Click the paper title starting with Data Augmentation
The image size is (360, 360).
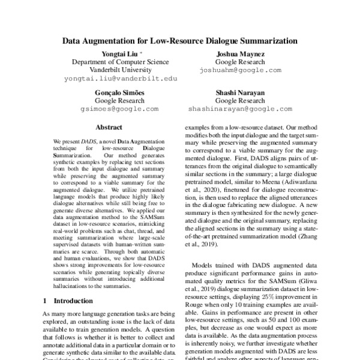[x=180, y=42]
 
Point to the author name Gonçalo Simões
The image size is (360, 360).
[x=119, y=93]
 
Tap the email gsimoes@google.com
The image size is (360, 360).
[x=119, y=110]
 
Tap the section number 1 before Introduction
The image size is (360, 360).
[x=46, y=299]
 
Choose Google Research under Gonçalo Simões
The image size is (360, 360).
[x=119, y=101]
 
